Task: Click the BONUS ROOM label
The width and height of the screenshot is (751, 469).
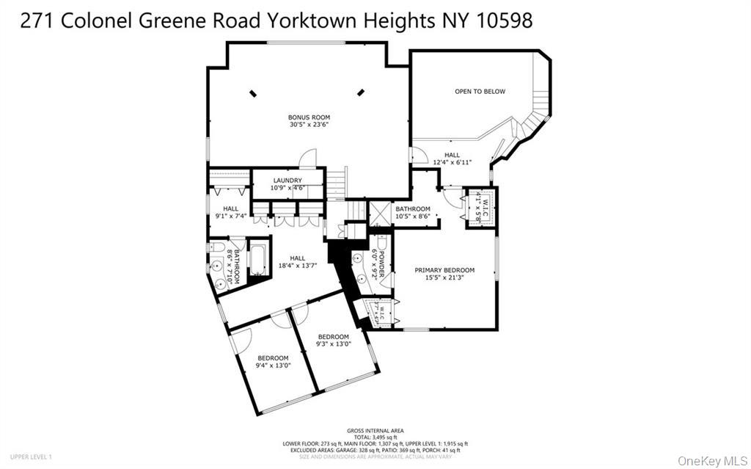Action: (309, 117)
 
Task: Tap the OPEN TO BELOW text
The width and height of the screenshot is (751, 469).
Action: (480, 92)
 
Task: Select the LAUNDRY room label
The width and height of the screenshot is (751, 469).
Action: (287, 181)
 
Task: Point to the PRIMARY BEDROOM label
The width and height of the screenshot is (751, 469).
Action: (444, 270)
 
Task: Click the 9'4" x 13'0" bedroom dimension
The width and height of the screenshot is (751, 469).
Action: (273, 365)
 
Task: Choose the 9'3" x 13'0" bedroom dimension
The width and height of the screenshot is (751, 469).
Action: (333, 343)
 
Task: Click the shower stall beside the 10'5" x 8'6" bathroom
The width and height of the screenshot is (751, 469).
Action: (380, 214)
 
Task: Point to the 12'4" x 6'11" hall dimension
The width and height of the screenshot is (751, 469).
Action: (452, 162)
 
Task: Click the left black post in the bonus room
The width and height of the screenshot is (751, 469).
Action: (254, 92)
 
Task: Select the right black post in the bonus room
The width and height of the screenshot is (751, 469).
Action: (361, 92)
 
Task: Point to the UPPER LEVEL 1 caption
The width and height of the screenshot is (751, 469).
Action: (31, 457)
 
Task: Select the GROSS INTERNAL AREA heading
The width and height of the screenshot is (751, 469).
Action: (375, 431)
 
